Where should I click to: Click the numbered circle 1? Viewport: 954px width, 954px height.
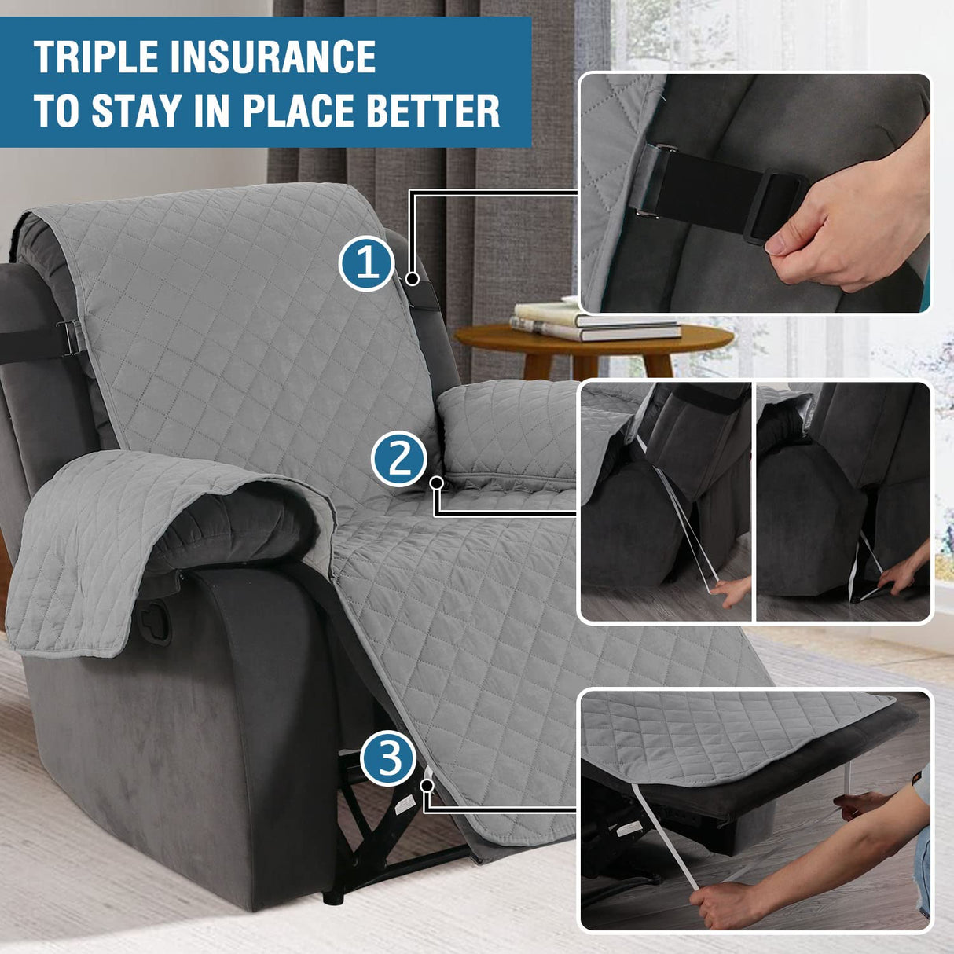coord(366,263)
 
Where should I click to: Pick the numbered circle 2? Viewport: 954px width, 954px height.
coord(398,458)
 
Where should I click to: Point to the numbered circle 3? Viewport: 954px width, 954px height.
coord(388,758)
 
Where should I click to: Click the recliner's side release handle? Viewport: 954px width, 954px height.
coord(156,621)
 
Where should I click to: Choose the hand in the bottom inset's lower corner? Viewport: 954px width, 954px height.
coord(719,904)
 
